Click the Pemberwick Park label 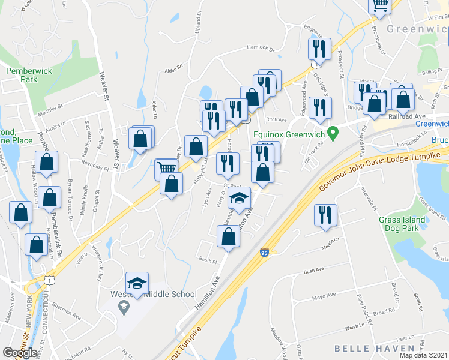(x=22, y=74)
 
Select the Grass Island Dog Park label (x=402, y=224)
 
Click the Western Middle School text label (x=153, y=294)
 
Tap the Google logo (x=20, y=352)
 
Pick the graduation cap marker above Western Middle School (x=137, y=283)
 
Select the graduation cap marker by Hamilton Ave (x=240, y=197)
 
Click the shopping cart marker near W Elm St (x=380, y=5)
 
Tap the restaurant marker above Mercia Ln (x=325, y=215)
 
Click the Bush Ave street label (x=313, y=271)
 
